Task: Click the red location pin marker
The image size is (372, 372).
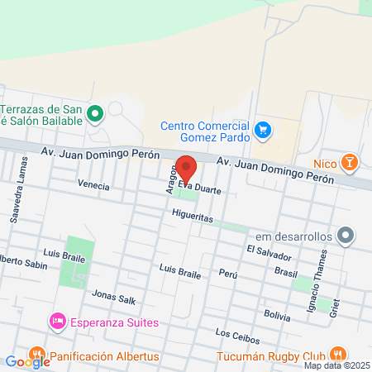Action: pyautogui.click(x=187, y=169)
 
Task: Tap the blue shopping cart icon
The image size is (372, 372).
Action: pyautogui.click(x=263, y=129)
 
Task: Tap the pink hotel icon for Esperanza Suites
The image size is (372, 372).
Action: pyautogui.click(x=57, y=320)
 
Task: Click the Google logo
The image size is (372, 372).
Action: pyautogui.click(x=27, y=361)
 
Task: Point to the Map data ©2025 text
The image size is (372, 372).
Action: pyautogui.click(x=336, y=365)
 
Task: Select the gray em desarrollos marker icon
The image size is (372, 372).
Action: pyautogui.click(x=347, y=236)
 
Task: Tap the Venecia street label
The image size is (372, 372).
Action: pyautogui.click(x=93, y=186)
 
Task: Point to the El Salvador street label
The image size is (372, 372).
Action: pyautogui.click(x=269, y=250)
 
